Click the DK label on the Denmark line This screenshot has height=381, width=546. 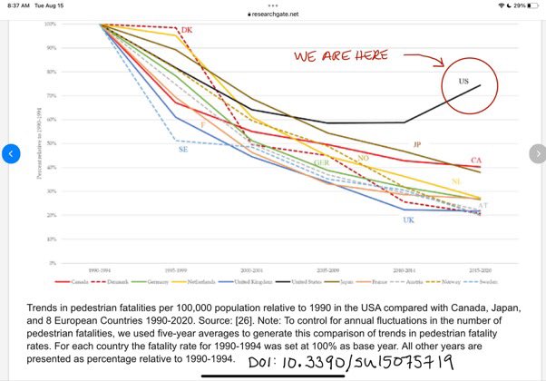point(187,31)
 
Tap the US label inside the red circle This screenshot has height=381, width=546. point(463,82)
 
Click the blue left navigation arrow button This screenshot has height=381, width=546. point(10,153)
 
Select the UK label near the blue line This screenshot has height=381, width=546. point(408,220)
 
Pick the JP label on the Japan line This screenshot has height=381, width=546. point(416,145)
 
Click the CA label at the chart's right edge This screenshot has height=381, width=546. point(475,161)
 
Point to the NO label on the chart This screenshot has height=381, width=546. point(364,158)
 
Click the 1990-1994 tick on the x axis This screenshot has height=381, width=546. point(100,270)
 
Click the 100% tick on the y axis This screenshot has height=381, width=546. point(48,24)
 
